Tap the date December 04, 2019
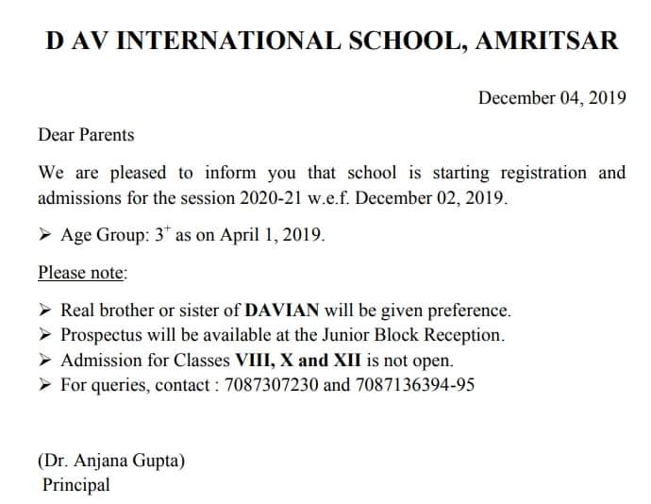[552, 97]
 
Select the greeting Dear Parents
[86, 134]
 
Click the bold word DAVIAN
[282, 310]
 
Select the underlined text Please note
[82, 273]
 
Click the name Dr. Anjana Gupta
[111, 461]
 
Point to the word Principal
[76, 485]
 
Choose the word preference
[470, 310]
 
